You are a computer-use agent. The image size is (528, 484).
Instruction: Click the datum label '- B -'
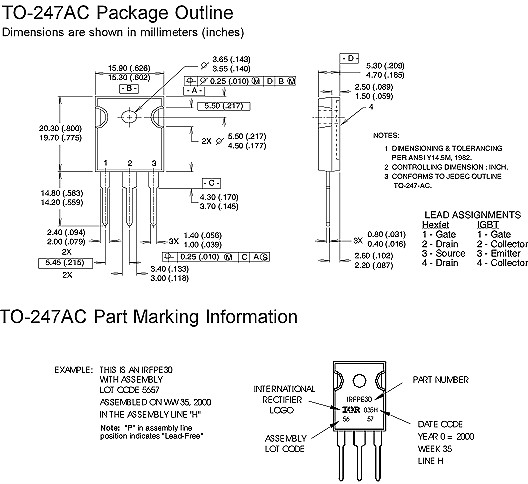[x=129, y=88]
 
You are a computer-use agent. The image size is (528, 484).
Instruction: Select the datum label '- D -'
[x=350, y=60]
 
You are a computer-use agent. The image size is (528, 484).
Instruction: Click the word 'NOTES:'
[x=386, y=134]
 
